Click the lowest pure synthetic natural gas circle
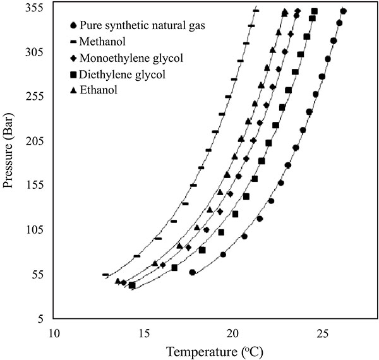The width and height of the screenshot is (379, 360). [x=193, y=273]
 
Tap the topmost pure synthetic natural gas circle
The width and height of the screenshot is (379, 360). [x=343, y=11]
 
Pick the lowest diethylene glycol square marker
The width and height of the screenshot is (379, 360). [x=132, y=285]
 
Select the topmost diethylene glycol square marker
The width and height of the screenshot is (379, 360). [x=315, y=11]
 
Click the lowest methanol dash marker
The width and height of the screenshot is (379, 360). [x=105, y=274]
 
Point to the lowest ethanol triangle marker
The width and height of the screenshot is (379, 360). [x=117, y=281]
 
